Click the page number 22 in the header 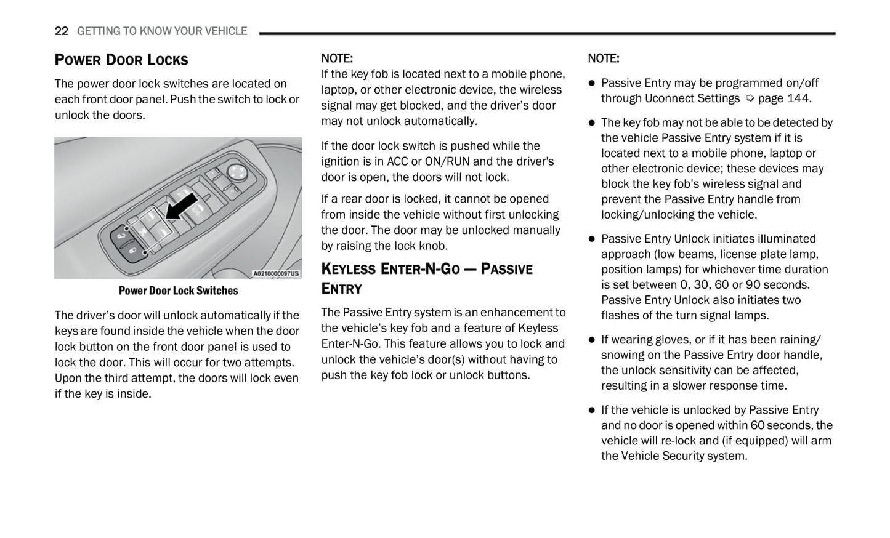click(61, 31)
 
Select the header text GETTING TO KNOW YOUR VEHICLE click(162, 31)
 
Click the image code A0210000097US click(276, 273)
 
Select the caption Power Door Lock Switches click(178, 291)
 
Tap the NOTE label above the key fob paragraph click(337, 58)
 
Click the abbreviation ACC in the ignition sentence click(397, 161)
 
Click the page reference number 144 click(798, 98)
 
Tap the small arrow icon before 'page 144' click(750, 98)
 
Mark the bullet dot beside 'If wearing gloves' click(592, 340)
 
